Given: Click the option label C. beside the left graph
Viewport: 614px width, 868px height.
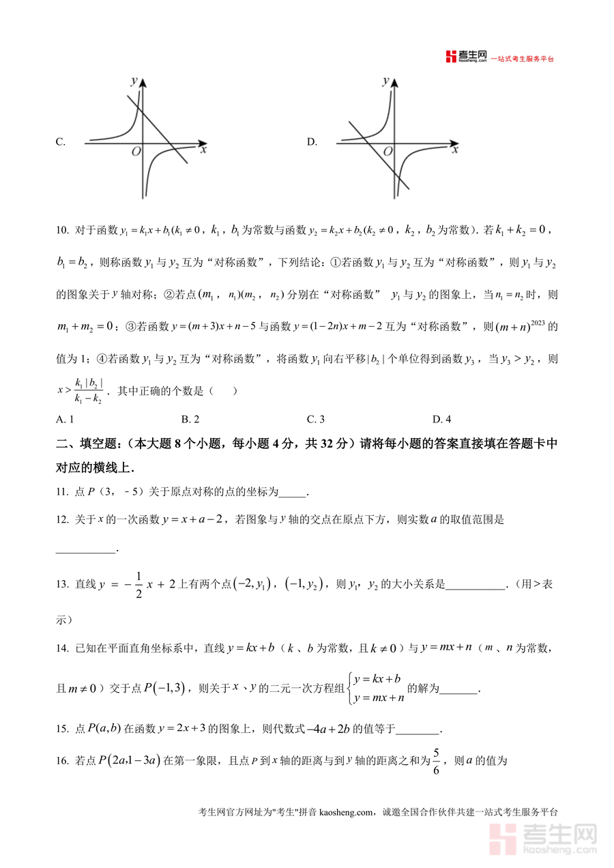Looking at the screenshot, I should [x=61, y=142].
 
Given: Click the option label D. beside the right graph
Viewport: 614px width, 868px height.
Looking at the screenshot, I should [x=312, y=142].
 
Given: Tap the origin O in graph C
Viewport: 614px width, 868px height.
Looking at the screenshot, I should [x=136, y=151].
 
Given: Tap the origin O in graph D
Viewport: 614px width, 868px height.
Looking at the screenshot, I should [x=388, y=151].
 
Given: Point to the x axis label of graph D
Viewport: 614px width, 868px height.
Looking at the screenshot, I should [x=455, y=149].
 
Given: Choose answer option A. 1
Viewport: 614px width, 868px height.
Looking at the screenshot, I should [x=65, y=419].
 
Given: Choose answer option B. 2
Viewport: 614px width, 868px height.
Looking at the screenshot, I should [x=190, y=419].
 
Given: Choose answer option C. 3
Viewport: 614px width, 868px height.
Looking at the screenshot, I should [x=316, y=419].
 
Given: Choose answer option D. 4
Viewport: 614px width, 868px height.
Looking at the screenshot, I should [x=441, y=419].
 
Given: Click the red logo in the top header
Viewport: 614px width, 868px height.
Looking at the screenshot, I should [x=450, y=57].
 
